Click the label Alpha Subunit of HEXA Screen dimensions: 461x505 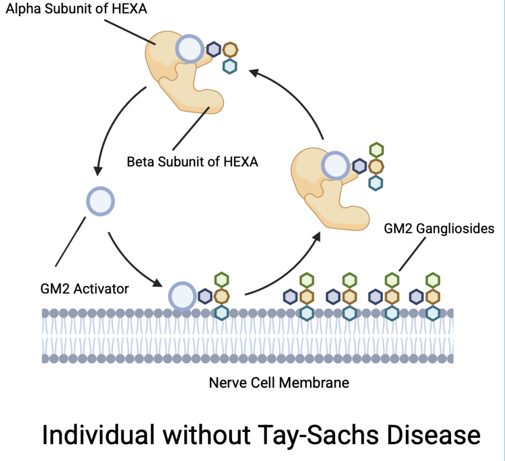[76, 9]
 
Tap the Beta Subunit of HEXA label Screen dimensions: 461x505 [192, 162]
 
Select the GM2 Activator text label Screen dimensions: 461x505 [85, 289]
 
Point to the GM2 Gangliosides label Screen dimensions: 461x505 [439, 229]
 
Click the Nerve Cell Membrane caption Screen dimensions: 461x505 [279, 383]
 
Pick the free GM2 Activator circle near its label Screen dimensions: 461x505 [101, 201]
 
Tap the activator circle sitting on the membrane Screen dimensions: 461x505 [182, 296]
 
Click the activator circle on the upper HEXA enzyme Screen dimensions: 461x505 [190, 49]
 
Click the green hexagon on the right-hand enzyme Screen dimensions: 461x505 [376, 150]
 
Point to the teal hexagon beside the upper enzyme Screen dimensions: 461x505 [230, 66]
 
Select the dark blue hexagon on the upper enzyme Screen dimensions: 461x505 [214, 49]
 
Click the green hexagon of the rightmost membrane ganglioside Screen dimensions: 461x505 [433, 281]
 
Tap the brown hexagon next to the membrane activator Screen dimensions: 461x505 [221, 296]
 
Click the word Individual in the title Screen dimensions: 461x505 [98, 435]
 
